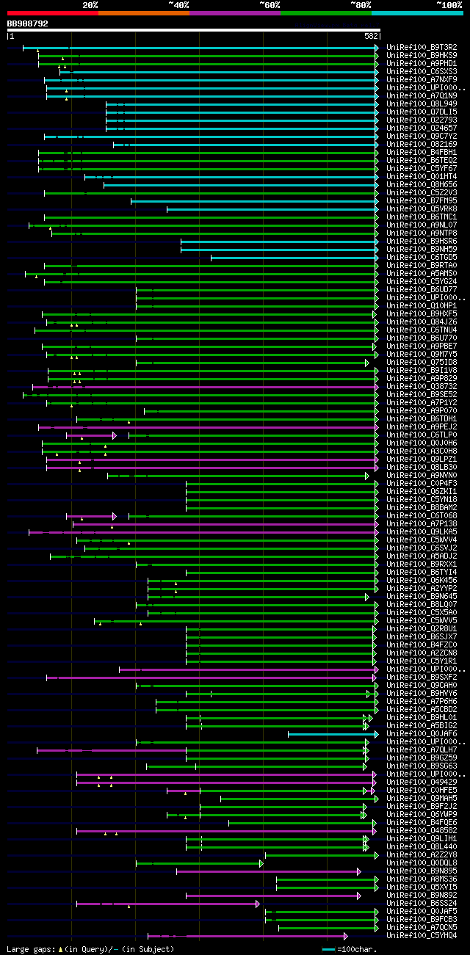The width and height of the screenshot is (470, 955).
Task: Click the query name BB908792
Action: coord(28,23)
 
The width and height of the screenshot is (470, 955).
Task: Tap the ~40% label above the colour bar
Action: coord(178,4)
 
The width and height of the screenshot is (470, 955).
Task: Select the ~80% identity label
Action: coord(361,4)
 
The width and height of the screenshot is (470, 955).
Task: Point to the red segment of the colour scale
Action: coord(52,13)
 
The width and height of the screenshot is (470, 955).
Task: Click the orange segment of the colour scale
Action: coord(143,13)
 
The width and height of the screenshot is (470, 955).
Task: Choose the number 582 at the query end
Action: coord(371,35)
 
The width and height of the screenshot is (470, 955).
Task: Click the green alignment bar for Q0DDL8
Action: coord(198,863)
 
